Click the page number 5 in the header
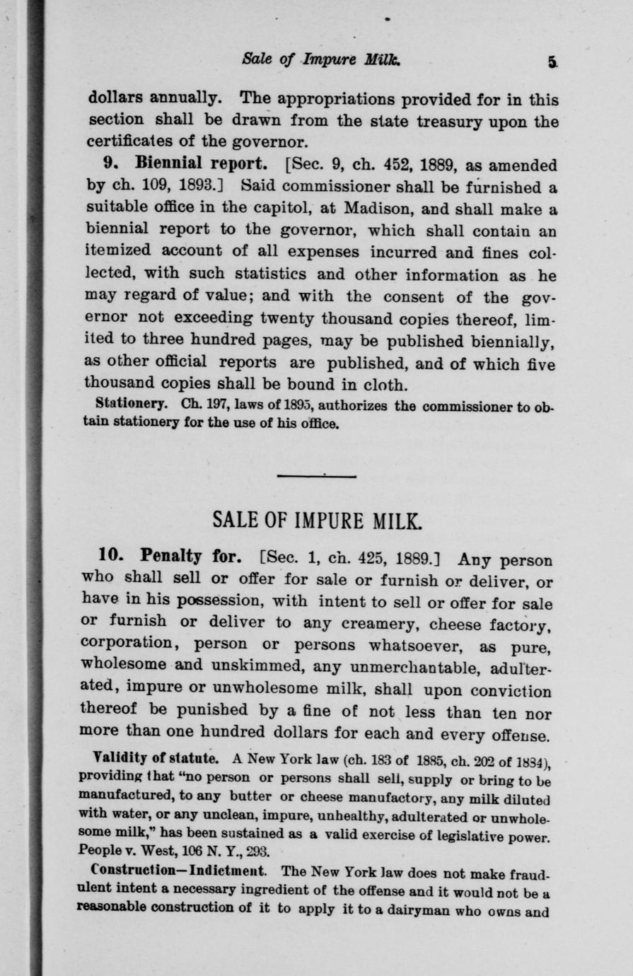(550, 61)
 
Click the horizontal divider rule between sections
(316, 475)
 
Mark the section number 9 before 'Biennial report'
(109, 165)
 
